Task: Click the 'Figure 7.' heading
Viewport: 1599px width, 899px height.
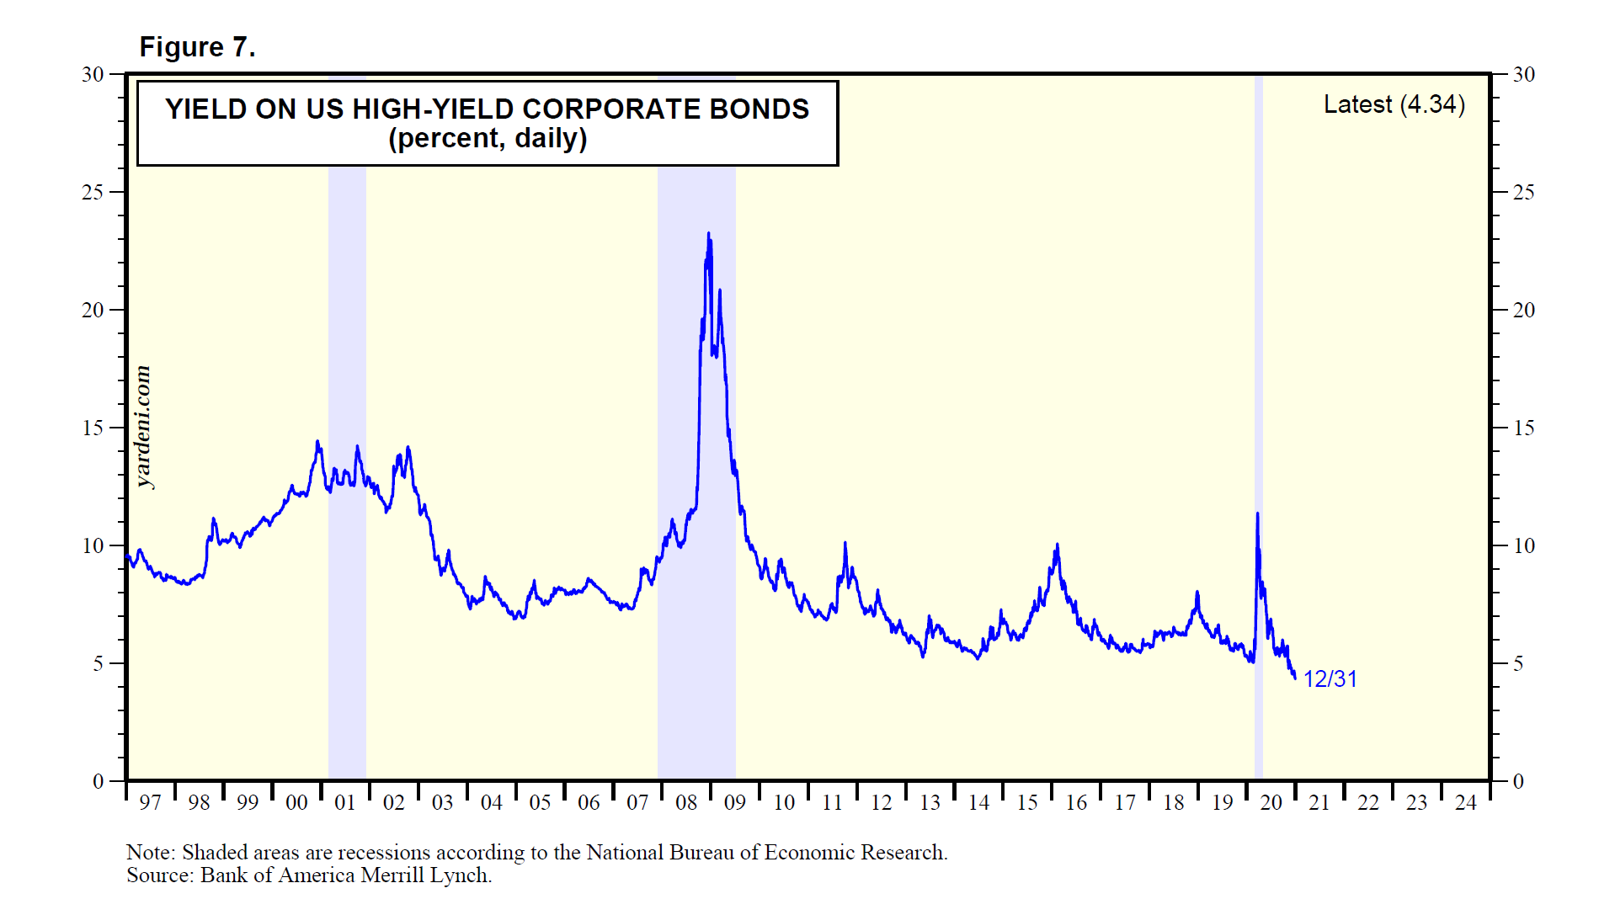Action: click(197, 47)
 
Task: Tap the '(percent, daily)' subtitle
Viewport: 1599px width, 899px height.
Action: click(488, 138)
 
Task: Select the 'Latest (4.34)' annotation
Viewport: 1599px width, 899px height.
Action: click(1394, 104)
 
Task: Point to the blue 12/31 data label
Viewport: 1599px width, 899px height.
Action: click(1330, 678)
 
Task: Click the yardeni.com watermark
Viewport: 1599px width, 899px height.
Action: click(143, 427)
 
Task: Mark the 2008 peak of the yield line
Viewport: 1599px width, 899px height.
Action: click(708, 235)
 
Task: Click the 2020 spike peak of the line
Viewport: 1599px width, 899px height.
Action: click(1257, 514)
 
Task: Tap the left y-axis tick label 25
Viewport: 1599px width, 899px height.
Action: click(93, 193)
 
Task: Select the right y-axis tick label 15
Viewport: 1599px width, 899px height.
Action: click(1523, 428)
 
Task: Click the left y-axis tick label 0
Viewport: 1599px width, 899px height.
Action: click(98, 782)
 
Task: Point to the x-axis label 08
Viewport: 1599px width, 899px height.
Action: click(686, 803)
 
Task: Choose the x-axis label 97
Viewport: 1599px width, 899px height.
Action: click(150, 803)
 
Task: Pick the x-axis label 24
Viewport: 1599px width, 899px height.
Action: click(1465, 803)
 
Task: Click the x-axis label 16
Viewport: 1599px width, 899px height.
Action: click(1076, 803)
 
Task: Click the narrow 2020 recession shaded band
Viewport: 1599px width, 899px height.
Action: click(1259, 337)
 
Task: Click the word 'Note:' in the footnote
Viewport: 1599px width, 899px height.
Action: click(151, 853)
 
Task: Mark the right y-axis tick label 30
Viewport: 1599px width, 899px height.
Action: click(1523, 75)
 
